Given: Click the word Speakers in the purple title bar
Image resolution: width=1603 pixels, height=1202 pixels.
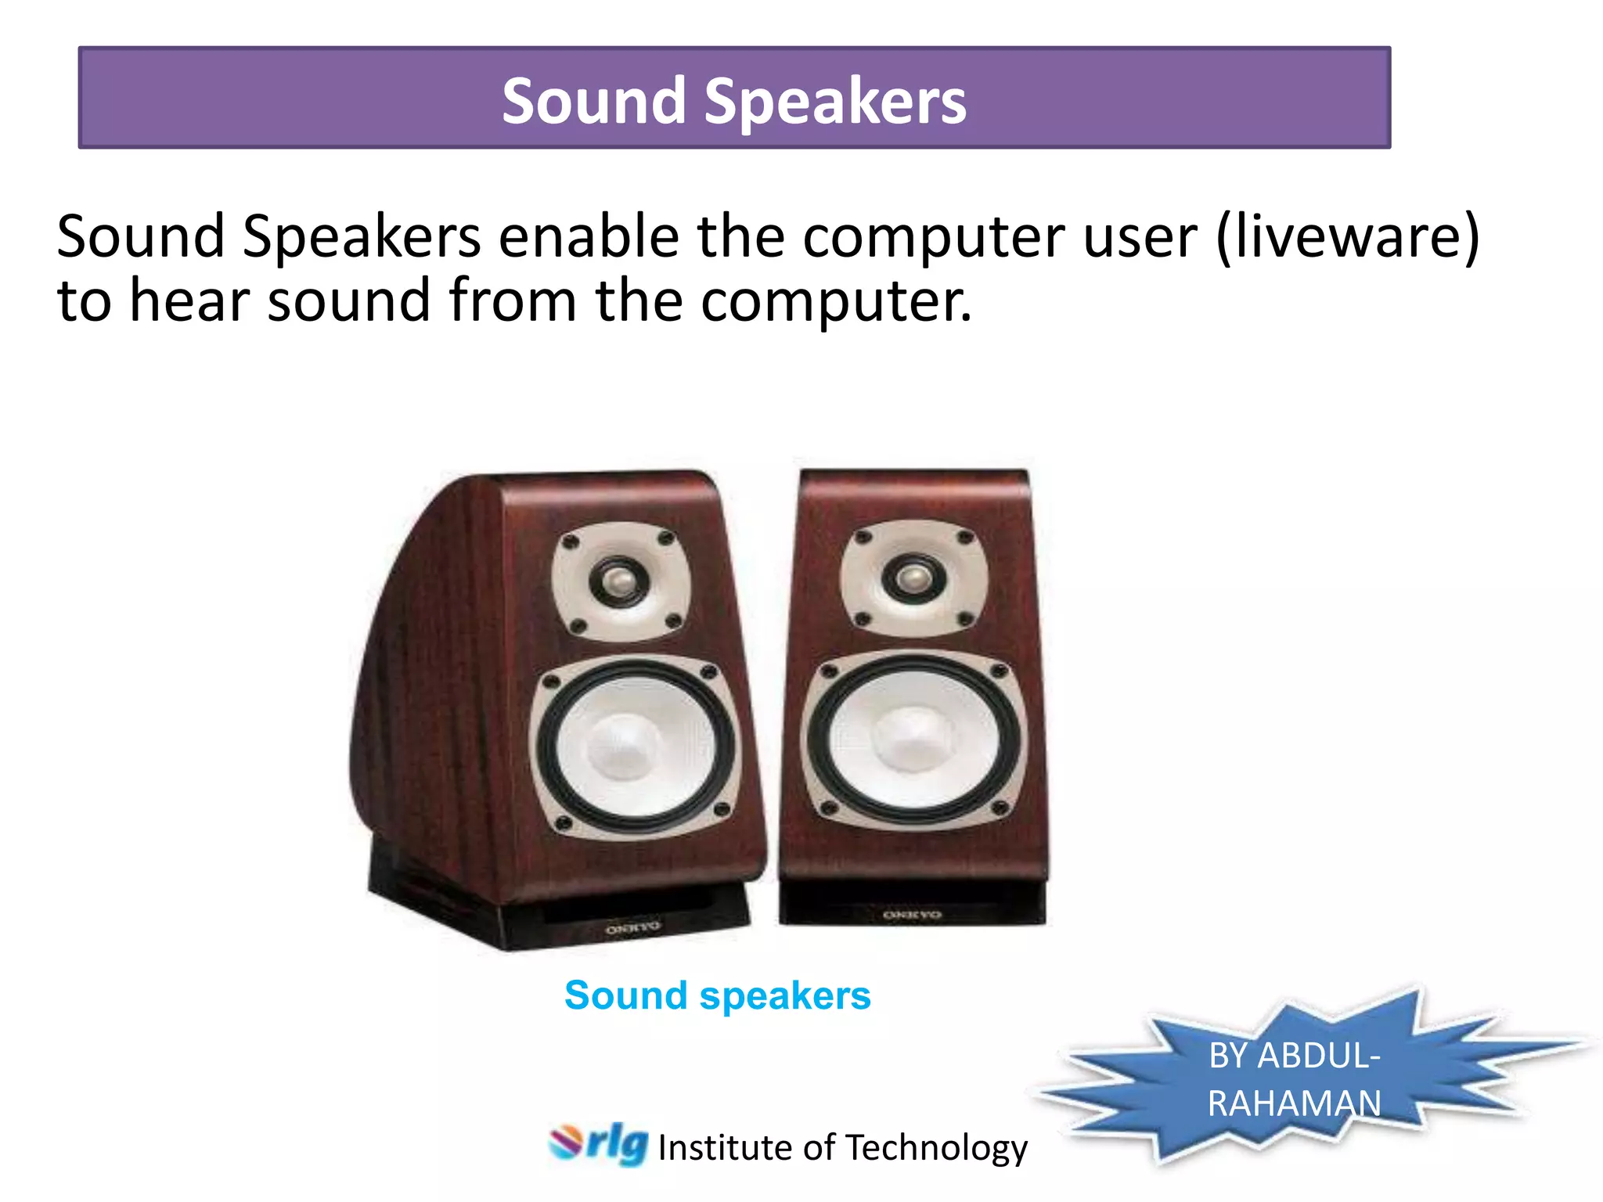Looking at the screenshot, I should click(x=835, y=102).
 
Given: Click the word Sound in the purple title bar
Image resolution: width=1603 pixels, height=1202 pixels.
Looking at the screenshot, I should click(x=594, y=102).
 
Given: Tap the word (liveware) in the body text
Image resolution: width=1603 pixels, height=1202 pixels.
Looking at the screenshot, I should click(x=1348, y=236).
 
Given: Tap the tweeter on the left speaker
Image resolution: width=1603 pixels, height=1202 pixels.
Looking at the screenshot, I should click(x=618, y=581).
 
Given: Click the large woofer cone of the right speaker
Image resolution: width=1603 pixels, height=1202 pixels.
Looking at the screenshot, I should click(x=914, y=739).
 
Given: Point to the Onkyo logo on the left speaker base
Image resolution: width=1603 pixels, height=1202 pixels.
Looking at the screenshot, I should click(x=632, y=928).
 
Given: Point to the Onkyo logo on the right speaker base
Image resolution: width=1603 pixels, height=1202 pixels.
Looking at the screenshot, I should click(x=912, y=914).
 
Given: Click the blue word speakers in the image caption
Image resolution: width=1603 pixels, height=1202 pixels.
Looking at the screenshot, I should click(x=785, y=997).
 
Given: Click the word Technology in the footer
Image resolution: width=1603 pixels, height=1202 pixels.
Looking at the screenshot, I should click(x=936, y=1148).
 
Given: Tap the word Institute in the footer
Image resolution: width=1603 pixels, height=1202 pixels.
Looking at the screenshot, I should click(x=726, y=1148).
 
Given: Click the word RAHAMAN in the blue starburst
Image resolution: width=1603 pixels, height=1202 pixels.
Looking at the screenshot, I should click(x=1294, y=1103).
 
